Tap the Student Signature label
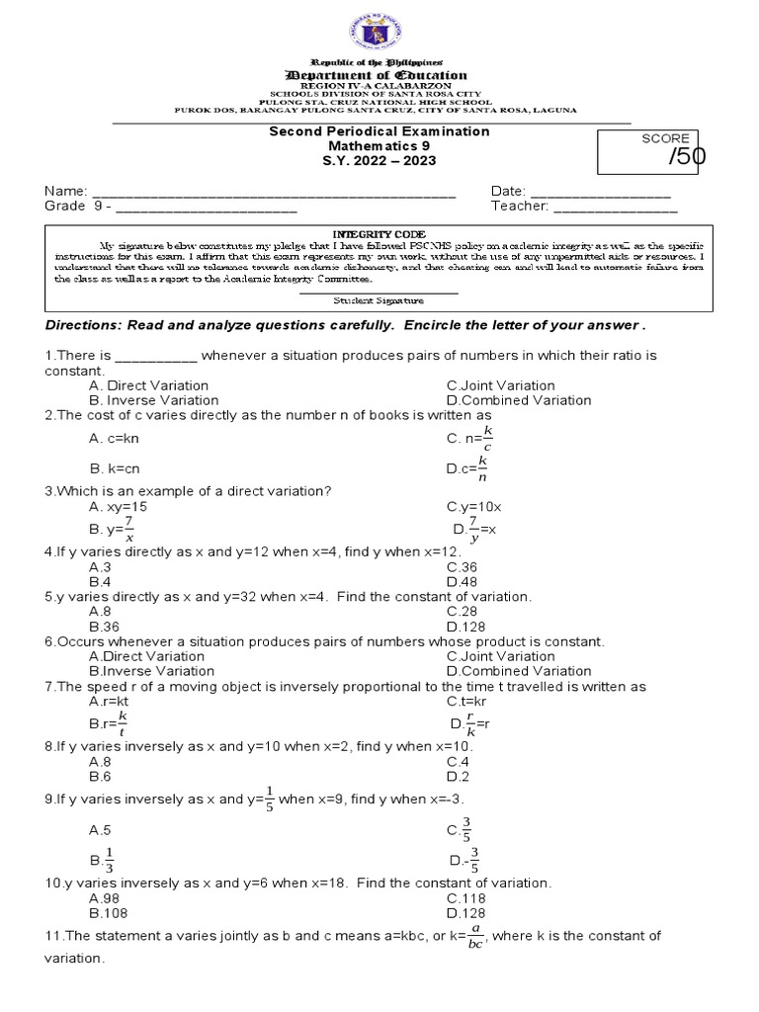(x=379, y=299)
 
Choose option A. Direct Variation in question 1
(x=148, y=385)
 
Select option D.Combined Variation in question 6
(x=519, y=671)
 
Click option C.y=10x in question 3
(x=474, y=506)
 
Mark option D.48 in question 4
(x=461, y=582)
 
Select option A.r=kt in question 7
(x=109, y=701)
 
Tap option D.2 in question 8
(x=457, y=777)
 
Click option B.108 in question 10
(x=107, y=913)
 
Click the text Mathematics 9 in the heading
(x=380, y=145)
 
